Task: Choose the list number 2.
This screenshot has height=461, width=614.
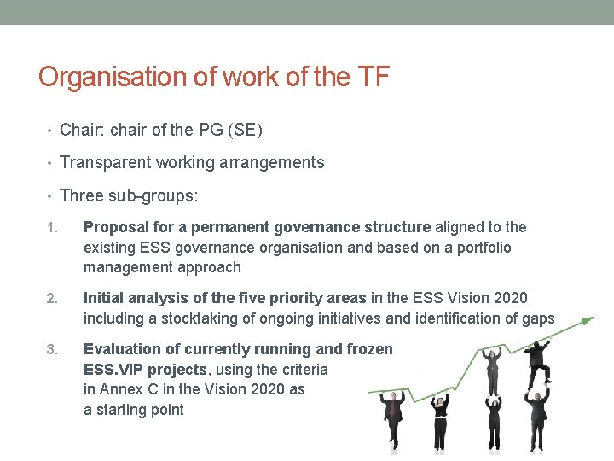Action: click(x=51, y=299)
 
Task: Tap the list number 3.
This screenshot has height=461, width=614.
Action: click(x=51, y=349)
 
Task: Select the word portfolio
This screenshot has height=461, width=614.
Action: click(x=482, y=248)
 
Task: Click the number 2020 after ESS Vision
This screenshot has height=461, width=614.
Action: click(x=508, y=298)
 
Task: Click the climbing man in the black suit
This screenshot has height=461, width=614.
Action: click(x=539, y=359)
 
